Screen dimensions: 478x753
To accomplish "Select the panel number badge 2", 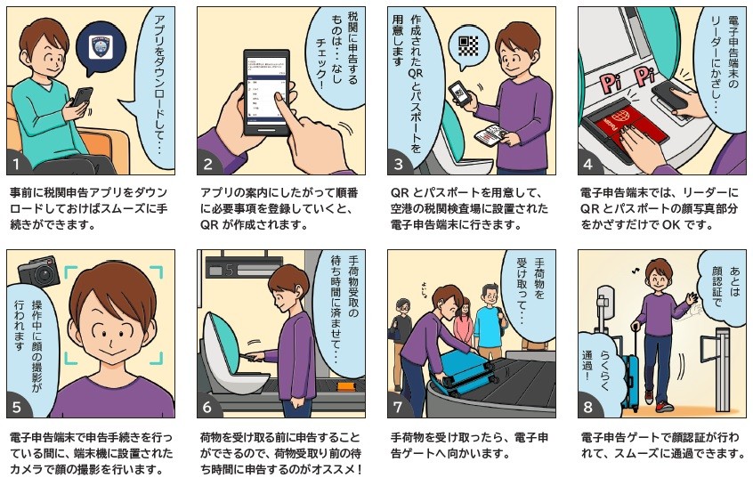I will (x=209, y=163).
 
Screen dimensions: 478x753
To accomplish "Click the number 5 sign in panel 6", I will (x=228, y=266).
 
